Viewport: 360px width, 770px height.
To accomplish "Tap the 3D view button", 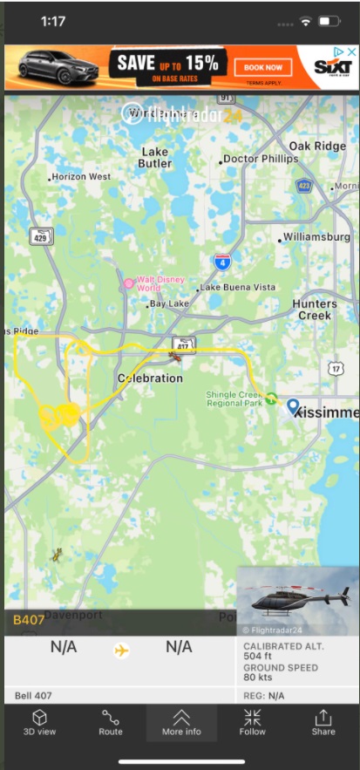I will click(x=39, y=722).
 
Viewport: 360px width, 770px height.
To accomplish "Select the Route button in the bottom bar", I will click(x=111, y=722).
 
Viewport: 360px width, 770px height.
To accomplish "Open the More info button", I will click(x=181, y=722).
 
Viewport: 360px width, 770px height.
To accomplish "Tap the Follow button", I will click(x=253, y=722).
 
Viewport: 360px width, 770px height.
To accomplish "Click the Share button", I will click(x=323, y=722).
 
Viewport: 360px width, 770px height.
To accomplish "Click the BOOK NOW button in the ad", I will click(x=263, y=67).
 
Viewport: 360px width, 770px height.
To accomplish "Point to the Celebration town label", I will click(x=150, y=378).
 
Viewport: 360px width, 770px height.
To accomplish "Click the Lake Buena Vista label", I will click(x=239, y=287).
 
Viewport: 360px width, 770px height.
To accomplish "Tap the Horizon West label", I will click(x=81, y=176).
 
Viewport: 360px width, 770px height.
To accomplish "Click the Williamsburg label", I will click(x=315, y=237).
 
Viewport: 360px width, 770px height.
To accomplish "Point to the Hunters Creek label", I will click(x=315, y=309).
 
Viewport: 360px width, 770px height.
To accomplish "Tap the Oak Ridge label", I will click(x=316, y=146).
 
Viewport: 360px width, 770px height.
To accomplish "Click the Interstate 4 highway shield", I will click(x=222, y=260).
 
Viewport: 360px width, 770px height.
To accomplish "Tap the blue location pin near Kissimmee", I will click(x=294, y=406).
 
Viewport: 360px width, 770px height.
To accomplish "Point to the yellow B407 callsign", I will click(x=29, y=620).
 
